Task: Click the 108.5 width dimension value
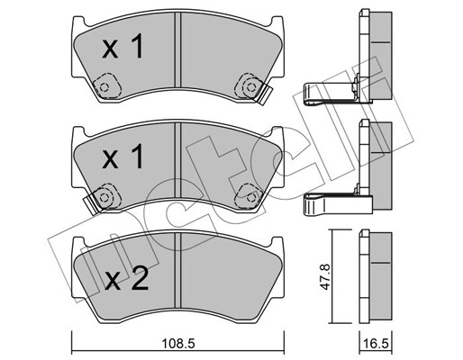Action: (178, 344)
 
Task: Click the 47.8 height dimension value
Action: (325, 276)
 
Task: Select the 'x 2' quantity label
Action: (127, 279)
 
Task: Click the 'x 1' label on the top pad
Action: (123, 46)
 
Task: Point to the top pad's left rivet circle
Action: (104, 87)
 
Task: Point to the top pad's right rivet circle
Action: (251, 87)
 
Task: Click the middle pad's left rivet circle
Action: (104, 198)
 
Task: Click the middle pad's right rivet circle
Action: (251, 198)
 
